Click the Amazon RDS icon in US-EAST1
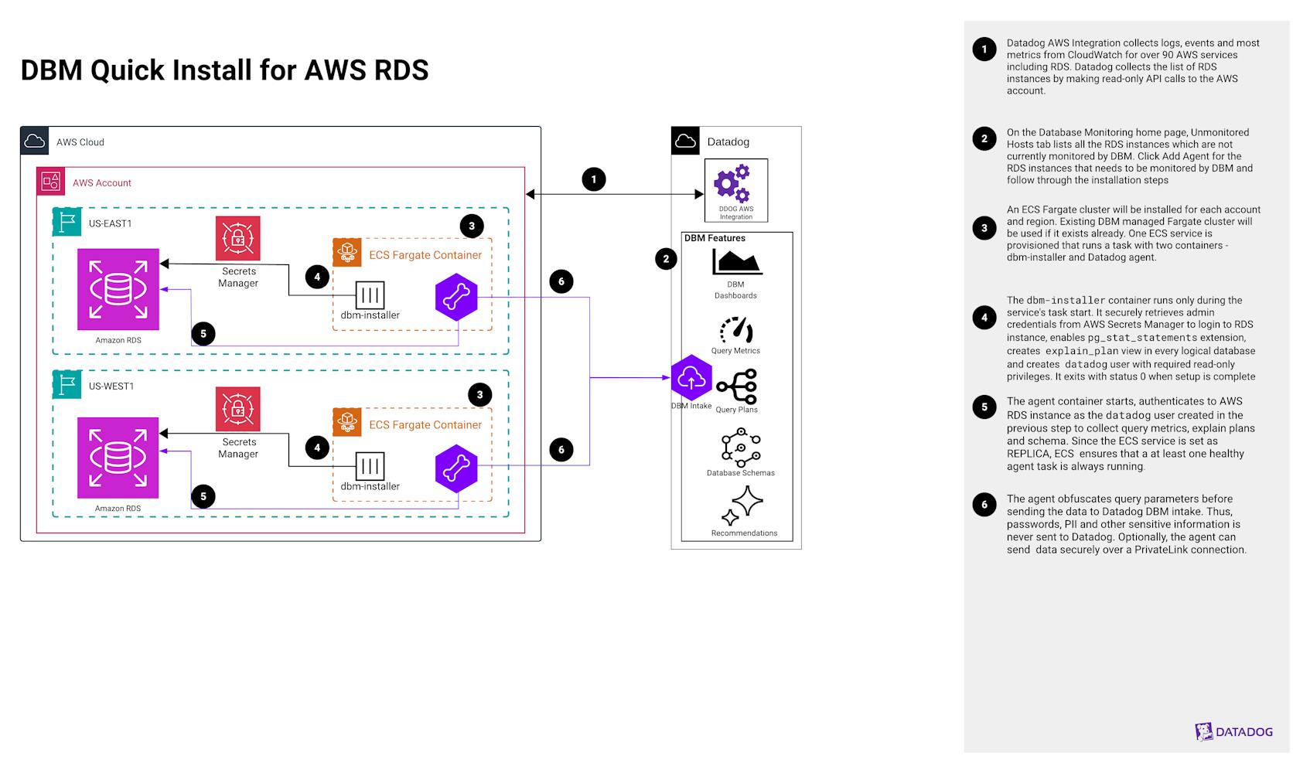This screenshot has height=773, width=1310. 118,289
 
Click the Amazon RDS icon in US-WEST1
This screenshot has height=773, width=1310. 118,458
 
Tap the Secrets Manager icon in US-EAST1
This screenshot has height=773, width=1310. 237,238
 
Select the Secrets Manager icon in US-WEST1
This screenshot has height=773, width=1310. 237,409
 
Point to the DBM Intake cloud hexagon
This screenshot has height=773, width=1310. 691,378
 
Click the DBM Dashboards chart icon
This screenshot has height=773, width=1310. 737,262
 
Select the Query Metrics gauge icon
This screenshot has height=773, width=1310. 736,330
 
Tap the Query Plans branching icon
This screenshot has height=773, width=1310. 737,386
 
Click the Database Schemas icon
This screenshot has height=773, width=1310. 741,448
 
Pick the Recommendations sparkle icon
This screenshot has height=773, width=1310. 742,506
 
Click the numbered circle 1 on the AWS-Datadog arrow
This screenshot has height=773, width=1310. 593,179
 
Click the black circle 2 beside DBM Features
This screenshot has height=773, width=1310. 666,259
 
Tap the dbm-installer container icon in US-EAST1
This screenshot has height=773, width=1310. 370,295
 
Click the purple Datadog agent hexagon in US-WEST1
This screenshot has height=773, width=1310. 456,468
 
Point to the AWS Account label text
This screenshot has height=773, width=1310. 102,183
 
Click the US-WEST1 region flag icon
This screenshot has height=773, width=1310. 67,385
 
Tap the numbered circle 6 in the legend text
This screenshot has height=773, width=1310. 984,505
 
